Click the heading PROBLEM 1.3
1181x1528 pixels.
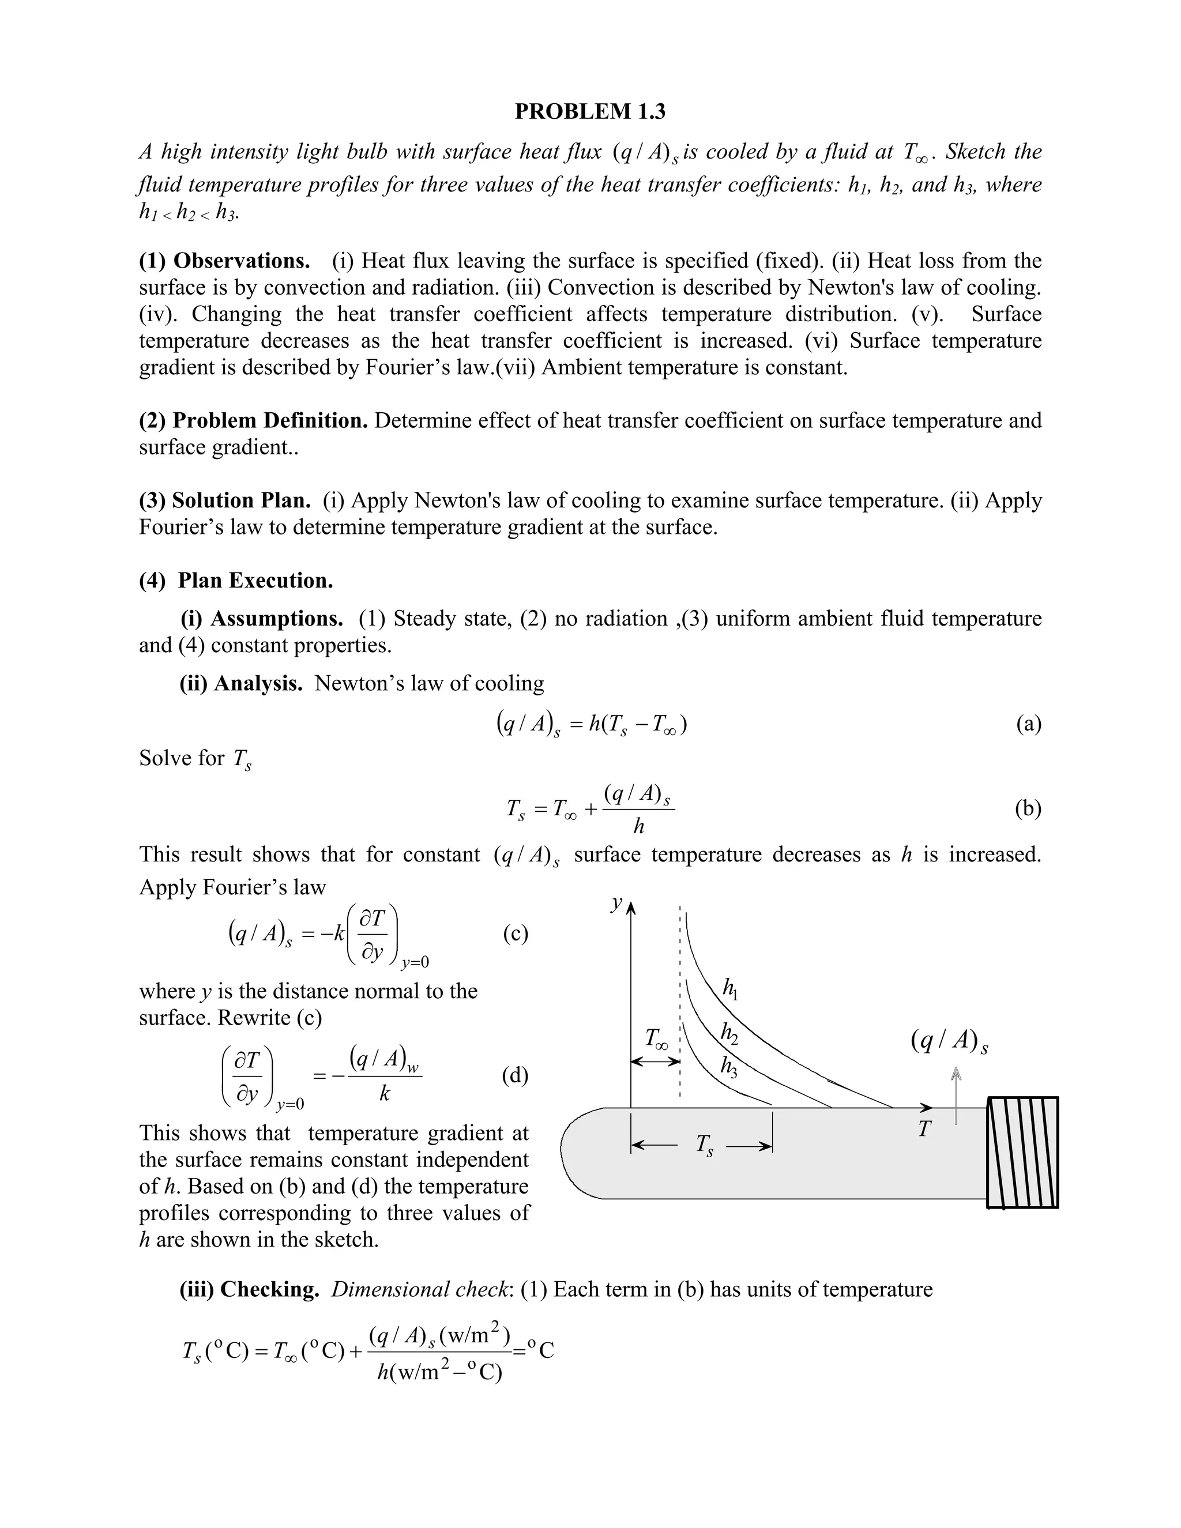[590, 111]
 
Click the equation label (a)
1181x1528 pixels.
[1028, 724]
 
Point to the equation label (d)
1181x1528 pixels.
[516, 1075]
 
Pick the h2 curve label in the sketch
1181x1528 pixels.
[729, 1033]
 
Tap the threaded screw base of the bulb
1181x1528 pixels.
[1022, 1152]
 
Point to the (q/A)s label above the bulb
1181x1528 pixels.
[949, 1041]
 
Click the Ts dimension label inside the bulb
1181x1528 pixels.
[705, 1145]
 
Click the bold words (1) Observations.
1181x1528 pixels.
[224, 261]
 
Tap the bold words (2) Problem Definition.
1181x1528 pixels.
[253, 420]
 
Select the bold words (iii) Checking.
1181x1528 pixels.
[250, 1289]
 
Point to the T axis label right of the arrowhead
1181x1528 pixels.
[925, 1128]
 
